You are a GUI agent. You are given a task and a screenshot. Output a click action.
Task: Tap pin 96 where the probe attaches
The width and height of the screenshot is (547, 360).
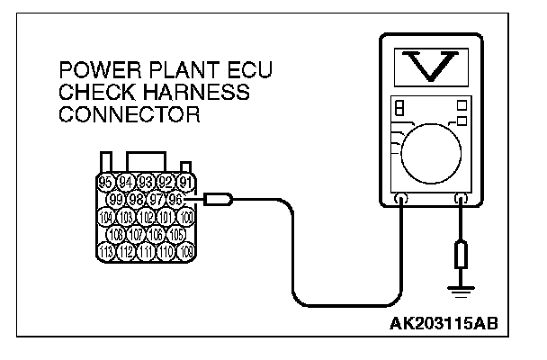pos(176,199)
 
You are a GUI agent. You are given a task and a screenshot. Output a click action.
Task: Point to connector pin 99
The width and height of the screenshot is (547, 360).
pos(115,199)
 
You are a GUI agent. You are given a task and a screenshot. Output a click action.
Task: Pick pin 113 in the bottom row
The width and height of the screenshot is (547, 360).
pos(106,250)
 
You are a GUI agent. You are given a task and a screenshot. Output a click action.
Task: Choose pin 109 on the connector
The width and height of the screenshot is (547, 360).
pos(186,250)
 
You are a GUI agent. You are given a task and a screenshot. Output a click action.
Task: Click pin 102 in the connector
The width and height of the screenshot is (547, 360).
pos(146,217)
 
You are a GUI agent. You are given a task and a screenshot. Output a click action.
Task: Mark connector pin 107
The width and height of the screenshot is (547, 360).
pos(136,234)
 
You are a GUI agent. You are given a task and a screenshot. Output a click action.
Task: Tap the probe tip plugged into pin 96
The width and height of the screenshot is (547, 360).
pos(220,200)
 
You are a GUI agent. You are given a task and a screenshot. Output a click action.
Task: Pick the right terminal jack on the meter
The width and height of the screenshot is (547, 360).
pos(462,200)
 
